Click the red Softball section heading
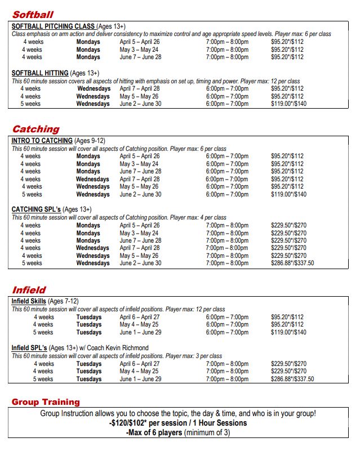coord(33,15)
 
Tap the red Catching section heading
coord(35,129)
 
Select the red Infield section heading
coord(29,291)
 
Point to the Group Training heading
coord(46,402)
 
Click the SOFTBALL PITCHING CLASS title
coord(53,26)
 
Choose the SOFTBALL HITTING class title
coord(40,73)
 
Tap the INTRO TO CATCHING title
coord(42,141)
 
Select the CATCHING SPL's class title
coord(36,209)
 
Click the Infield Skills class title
coord(29,302)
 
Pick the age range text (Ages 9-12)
coord(90,141)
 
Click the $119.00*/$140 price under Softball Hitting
coord(288,104)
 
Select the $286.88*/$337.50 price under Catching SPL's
coord(292,263)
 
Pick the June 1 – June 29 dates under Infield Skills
coord(140,333)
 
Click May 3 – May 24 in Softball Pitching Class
coord(139,50)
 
